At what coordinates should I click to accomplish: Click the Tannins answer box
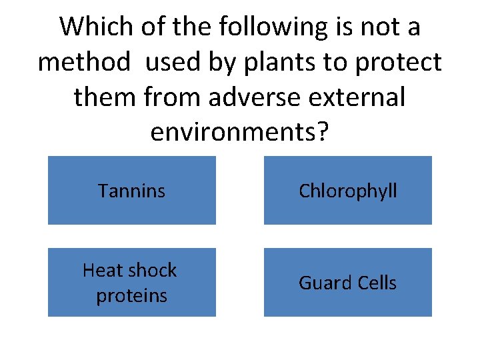[131, 191]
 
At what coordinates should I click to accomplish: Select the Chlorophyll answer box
[347, 191]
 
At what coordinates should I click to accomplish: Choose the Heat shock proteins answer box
[131, 282]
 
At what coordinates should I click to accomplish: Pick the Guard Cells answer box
[347, 282]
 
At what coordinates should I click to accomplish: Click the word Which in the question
[97, 28]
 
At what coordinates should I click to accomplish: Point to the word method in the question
[83, 63]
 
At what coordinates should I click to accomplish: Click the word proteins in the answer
[131, 295]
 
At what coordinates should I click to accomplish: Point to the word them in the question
[105, 97]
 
